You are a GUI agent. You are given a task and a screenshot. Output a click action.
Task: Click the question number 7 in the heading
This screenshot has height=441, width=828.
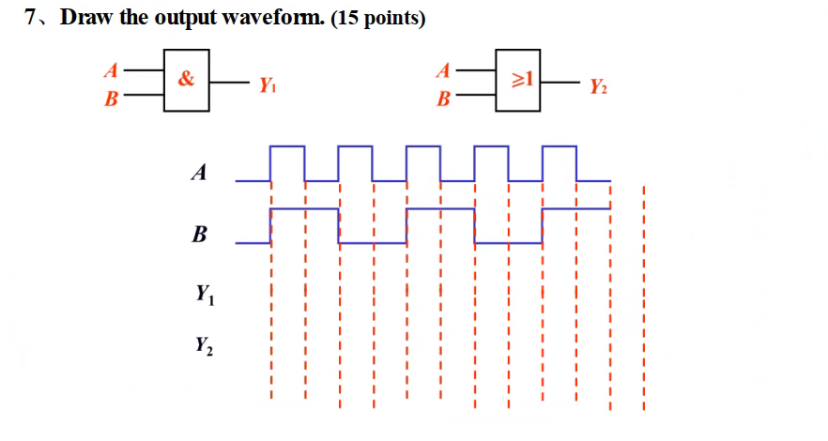click(31, 20)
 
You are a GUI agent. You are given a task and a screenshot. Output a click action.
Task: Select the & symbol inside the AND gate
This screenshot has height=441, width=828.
click(187, 79)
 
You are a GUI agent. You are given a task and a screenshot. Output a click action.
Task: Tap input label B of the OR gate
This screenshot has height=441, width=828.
click(443, 98)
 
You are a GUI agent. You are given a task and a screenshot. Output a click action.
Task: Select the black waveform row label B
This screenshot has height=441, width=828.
click(198, 234)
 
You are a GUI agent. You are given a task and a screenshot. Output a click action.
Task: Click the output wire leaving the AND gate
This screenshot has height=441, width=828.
click(230, 83)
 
